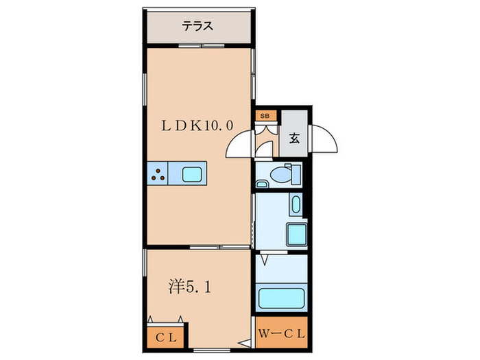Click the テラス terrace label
coord(197,27)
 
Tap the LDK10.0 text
coord(197,125)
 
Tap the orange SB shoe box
coord(264,117)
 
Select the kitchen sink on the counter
coord(192,174)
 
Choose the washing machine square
coord(296,235)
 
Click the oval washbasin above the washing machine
coord(295,205)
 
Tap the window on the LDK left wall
coord(145,89)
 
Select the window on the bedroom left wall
coord(145,264)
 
